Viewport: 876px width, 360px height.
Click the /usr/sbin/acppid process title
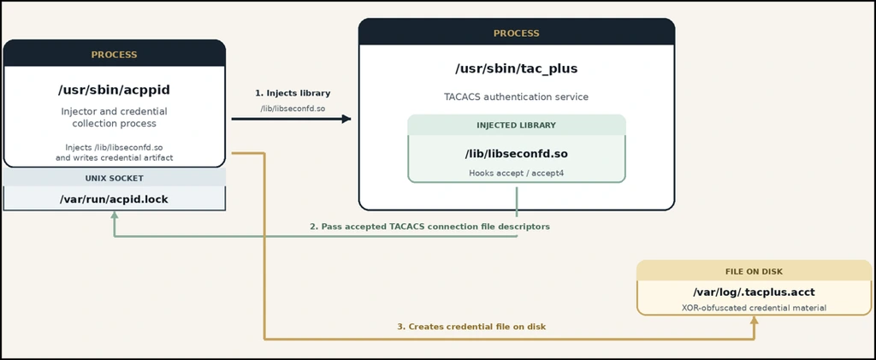[114, 90]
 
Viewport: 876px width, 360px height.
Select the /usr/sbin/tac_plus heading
[516, 68]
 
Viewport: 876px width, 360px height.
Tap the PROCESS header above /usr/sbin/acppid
[114, 55]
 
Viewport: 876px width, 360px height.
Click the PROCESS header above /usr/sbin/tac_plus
[516, 33]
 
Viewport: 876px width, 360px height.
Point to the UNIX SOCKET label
[114, 178]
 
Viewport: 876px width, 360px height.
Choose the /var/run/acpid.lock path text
[114, 199]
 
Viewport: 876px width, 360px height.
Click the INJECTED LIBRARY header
[516, 125]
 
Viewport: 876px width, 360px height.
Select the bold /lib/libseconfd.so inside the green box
[516, 153]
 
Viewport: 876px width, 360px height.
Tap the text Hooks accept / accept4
[516, 173]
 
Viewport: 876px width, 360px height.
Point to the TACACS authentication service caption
[516, 97]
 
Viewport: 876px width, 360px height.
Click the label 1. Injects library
[293, 92]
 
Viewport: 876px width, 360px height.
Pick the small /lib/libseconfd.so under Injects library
[293, 109]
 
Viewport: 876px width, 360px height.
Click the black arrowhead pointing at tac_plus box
[347, 119]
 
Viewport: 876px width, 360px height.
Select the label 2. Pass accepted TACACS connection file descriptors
[430, 227]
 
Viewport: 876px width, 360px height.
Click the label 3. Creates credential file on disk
[471, 327]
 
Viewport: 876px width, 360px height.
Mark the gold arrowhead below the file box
[755, 320]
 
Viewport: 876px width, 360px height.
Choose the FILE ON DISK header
[755, 272]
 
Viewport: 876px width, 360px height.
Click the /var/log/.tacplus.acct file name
[755, 292]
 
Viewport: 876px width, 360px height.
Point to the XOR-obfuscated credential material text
[755, 308]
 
